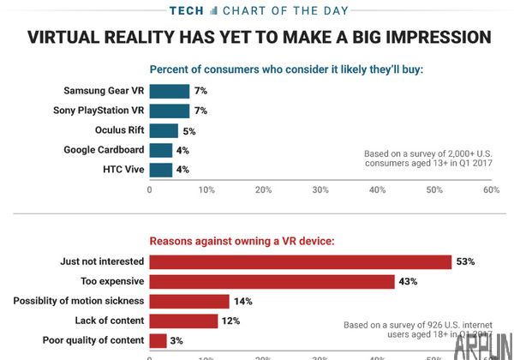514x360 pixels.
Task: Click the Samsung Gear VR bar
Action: tap(170, 91)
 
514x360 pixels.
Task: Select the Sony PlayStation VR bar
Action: tap(170, 111)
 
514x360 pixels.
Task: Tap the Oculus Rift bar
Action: tap(164, 130)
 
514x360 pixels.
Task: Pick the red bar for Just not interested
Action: tap(301, 261)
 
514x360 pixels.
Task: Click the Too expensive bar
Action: tap(272, 281)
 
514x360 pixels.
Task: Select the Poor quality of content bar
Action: tap(158, 340)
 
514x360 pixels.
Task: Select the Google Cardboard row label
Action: tap(103, 150)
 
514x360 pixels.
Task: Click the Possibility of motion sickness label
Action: tap(78, 301)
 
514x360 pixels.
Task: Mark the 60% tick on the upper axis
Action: tap(491, 189)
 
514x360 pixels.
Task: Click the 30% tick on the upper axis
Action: tap(320, 189)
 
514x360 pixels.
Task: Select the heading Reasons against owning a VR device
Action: tap(242, 242)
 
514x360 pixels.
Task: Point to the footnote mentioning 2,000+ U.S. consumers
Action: tap(426, 158)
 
